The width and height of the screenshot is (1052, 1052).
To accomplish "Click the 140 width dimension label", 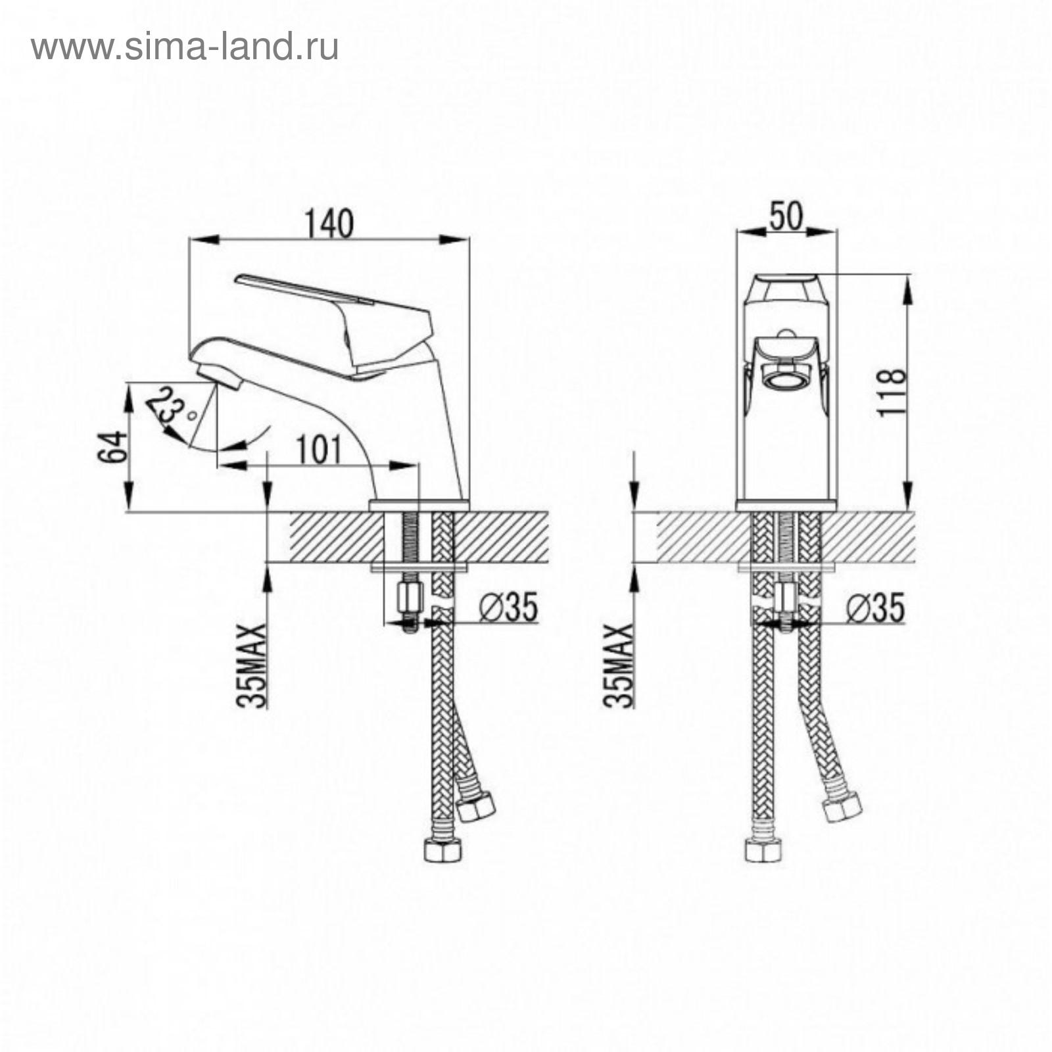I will click(x=329, y=223).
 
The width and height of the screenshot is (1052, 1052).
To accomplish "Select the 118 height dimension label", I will click(x=892, y=392).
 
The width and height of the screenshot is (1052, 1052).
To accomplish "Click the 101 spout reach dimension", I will click(x=318, y=450).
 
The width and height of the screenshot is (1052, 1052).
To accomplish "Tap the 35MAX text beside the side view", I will click(x=254, y=665).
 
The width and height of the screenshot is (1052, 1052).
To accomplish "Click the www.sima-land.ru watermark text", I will click(x=185, y=47).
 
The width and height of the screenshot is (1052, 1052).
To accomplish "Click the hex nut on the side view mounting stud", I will click(x=408, y=597).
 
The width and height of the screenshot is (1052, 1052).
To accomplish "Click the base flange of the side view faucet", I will click(x=419, y=505).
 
